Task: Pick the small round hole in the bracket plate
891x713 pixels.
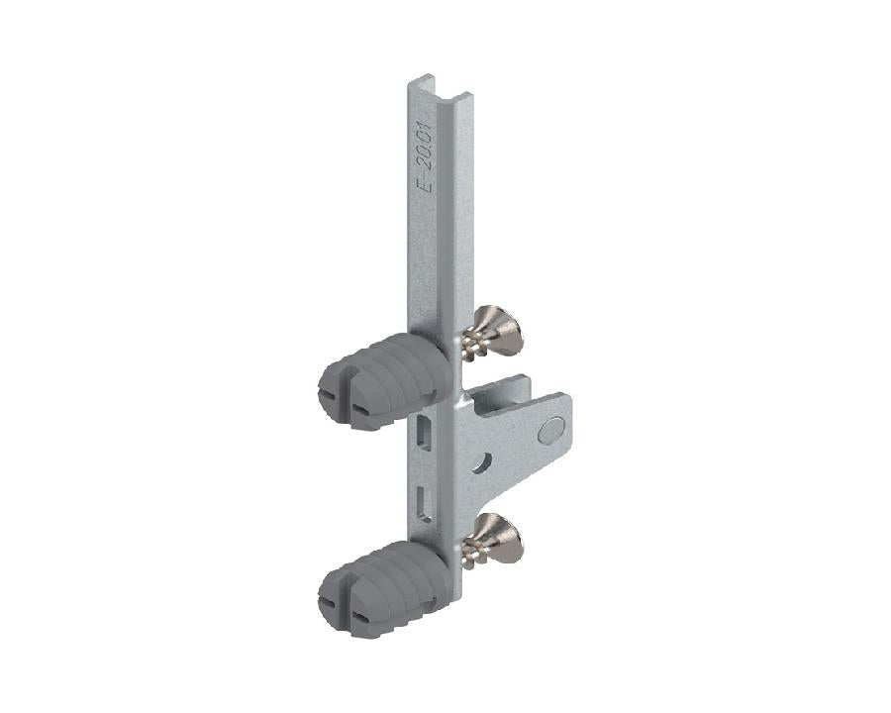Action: tap(483, 461)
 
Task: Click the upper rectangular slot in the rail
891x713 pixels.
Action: tap(424, 432)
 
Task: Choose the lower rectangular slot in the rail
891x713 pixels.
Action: tap(423, 501)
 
